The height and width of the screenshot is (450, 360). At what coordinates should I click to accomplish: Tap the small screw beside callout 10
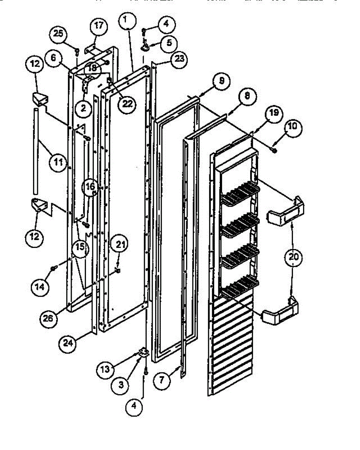(x=274, y=151)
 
